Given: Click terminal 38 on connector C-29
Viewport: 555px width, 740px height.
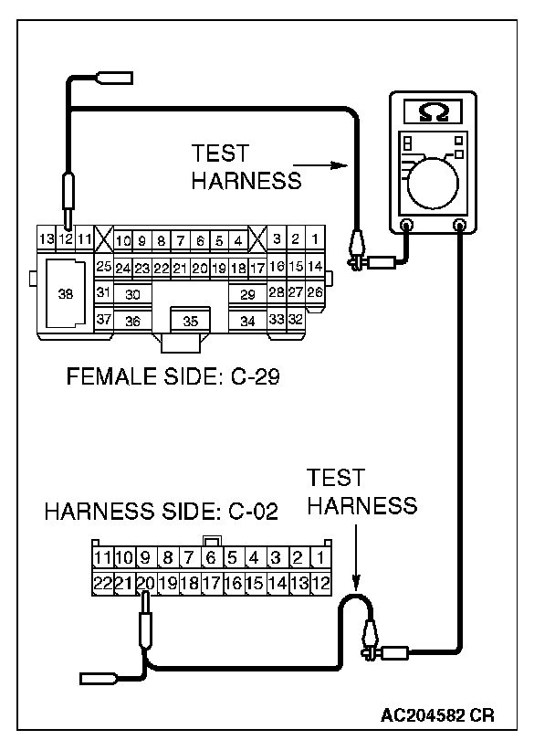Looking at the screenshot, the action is (x=64, y=294).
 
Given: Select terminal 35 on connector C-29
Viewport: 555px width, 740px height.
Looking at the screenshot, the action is (x=190, y=321).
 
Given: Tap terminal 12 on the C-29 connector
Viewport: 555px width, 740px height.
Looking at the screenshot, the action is (x=66, y=239).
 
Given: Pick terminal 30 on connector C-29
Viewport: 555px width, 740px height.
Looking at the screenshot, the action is (x=133, y=294).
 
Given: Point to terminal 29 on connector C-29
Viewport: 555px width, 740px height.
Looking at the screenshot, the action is (x=246, y=294).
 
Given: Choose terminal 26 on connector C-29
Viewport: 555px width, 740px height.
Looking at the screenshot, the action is (x=315, y=292).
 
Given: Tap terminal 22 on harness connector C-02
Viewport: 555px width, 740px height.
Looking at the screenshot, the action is (x=102, y=582).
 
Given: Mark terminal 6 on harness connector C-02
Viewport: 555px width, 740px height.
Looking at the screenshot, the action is (x=211, y=557).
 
